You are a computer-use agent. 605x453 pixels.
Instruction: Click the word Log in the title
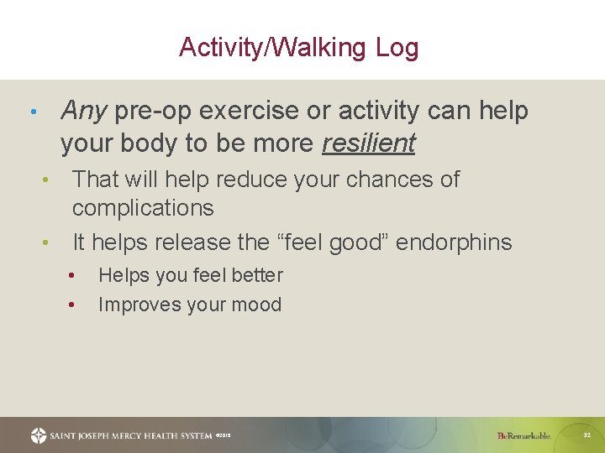(397, 48)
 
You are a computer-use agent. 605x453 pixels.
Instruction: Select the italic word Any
(83, 111)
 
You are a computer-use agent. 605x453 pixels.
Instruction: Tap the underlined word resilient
(368, 143)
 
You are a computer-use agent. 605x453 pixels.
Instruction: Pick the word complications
(143, 208)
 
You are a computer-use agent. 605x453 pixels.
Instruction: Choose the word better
(255, 275)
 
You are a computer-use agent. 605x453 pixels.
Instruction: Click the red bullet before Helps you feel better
(73, 275)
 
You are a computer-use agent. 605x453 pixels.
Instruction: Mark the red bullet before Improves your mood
(73, 305)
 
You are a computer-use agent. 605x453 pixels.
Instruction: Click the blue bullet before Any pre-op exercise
(32, 112)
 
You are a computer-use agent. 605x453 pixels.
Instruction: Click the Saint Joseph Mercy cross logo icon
(39, 435)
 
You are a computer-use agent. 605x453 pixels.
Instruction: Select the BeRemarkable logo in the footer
(523, 435)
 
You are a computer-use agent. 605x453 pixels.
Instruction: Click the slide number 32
(587, 435)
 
